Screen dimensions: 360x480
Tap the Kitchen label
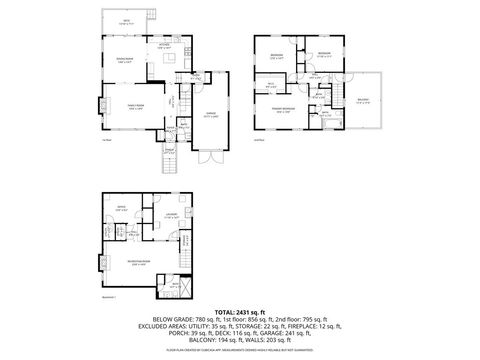164,46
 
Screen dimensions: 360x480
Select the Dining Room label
126,62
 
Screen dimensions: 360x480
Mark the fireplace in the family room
100,104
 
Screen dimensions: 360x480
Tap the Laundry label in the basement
172,215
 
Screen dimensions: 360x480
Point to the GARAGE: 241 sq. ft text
342,332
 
